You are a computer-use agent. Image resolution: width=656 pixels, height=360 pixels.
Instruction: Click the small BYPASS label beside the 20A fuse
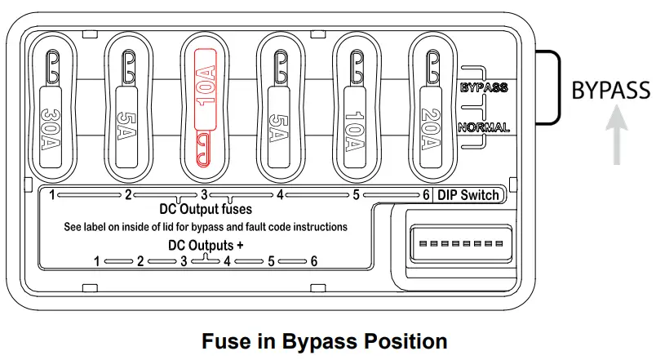[484, 87]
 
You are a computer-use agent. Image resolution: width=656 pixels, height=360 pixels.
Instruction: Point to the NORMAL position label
[484, 127]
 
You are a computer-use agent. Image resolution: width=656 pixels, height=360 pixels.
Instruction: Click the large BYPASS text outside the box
[610, 90]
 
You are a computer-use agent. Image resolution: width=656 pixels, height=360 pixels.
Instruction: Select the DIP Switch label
[468, 195]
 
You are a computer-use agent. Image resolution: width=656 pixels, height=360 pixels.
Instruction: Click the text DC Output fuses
[206, 209]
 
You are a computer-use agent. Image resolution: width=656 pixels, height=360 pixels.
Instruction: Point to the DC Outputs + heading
[205, 244]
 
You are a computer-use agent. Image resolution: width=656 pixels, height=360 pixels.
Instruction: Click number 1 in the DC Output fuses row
[51, 195]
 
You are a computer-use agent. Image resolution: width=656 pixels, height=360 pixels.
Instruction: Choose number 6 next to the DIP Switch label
[426, 195]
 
